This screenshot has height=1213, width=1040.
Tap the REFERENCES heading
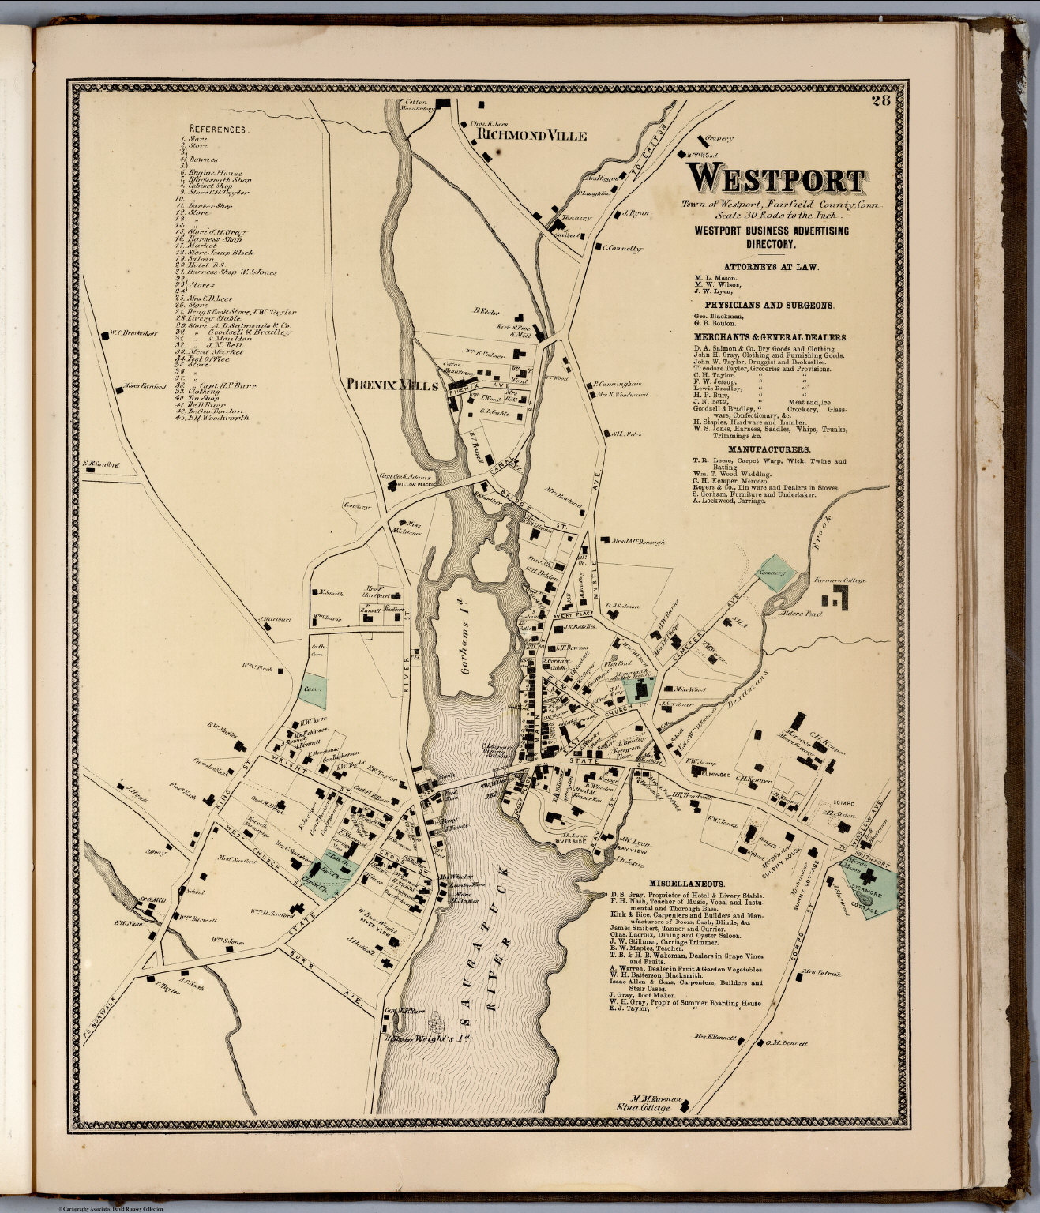point(219,128)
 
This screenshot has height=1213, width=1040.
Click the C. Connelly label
point(623,248)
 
